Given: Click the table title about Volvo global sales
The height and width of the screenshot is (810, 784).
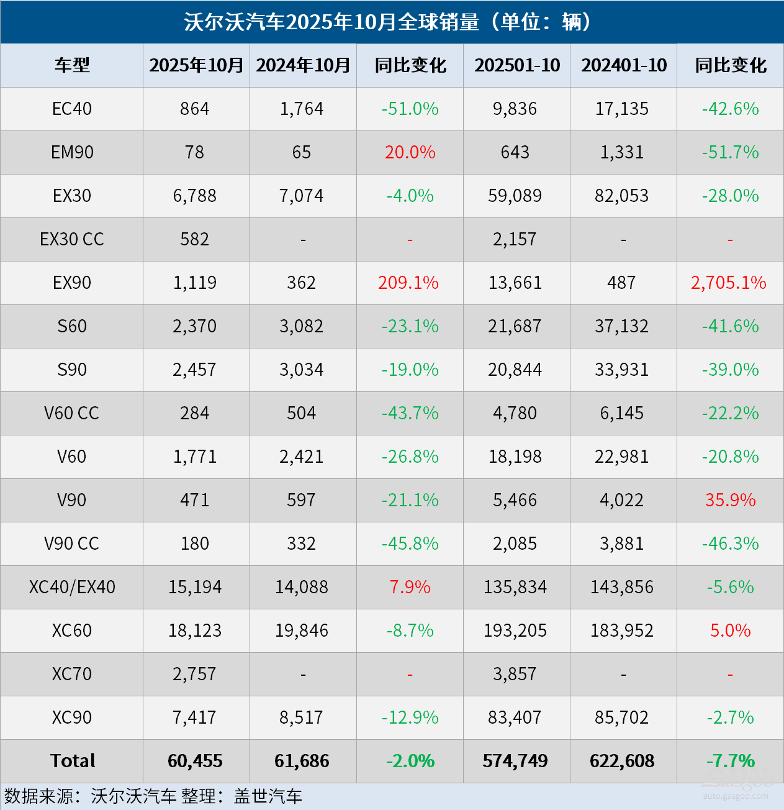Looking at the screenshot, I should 391,22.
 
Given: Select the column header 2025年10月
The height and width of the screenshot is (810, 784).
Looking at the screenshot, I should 196,65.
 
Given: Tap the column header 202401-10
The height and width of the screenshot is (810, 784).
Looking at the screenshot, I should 623,65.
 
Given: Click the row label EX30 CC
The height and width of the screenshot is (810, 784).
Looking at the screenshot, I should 72,239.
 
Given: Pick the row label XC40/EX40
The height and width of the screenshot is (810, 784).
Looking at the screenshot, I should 72,587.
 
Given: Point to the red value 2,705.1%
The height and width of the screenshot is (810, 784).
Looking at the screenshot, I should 729,283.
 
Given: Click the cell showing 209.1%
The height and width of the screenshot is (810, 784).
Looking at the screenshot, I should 408,283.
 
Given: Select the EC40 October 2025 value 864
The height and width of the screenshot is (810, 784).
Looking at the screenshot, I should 195,109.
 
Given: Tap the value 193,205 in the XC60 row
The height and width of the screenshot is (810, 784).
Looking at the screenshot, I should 515,630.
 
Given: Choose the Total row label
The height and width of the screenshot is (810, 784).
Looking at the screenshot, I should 73,761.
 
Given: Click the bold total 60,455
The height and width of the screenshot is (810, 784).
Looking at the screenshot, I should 195,761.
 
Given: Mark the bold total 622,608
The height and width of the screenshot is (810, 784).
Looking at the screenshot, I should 622,761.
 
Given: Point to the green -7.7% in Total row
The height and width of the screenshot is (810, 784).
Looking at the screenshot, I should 730,761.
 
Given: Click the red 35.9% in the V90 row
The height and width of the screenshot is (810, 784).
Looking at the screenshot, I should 730,500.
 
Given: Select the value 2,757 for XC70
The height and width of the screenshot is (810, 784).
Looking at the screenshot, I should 195,674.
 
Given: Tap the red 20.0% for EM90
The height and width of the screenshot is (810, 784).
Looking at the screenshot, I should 410,152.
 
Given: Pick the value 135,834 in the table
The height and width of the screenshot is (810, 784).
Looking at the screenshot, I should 515,587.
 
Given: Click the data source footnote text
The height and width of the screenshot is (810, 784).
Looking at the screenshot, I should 153,796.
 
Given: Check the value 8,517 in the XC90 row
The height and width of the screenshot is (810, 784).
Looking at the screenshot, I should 302,717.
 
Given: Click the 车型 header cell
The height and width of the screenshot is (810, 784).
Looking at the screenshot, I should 72,65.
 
